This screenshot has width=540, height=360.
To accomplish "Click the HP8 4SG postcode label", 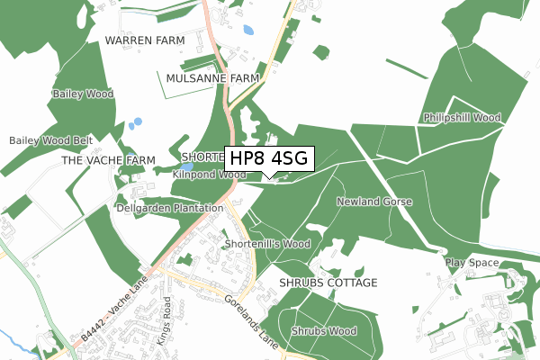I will coord(268,158).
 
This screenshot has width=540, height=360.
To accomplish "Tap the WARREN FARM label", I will coord(145,41).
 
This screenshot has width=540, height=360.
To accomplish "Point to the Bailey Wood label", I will coord(83,94).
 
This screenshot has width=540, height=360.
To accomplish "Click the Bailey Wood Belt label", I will coord(51,141).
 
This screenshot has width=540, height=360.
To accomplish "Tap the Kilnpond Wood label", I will coord(210,174).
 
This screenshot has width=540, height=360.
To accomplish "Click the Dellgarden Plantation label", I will coord(170,208).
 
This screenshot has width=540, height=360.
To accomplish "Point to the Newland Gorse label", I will coord(374,202).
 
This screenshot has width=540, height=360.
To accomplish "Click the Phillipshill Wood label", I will coord(462,118).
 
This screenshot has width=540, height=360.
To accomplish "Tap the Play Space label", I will coord(472,263).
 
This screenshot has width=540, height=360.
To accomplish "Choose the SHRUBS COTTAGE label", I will coord(328,283).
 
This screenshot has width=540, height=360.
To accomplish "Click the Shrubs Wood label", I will coord(324,331).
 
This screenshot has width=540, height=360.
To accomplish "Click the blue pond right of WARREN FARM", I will coord(247,30).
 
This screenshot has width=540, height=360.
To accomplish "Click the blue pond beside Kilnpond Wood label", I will coord(185,166).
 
